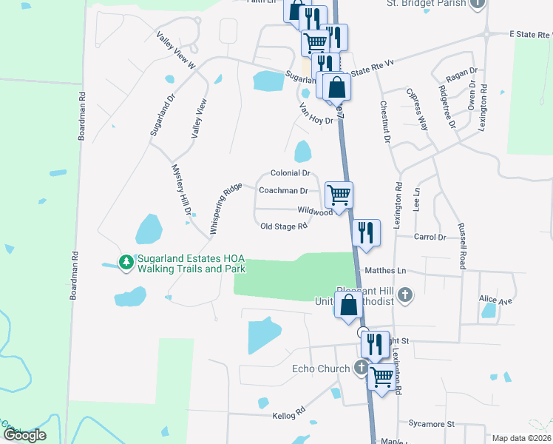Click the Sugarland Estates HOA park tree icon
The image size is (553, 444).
point(126,262)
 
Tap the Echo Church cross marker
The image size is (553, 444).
point(362,367)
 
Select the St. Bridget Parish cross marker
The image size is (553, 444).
point(478,3)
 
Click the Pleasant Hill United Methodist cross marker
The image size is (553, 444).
point(404,295)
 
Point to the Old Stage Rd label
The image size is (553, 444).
point(284,227)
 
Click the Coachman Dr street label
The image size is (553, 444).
point(283,190)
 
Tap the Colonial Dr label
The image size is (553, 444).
point(290,172)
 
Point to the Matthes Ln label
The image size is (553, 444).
point(381,271)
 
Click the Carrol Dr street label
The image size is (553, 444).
point(430,238)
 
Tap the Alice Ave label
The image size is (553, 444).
point(495,301)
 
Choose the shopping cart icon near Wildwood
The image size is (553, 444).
point(339,195)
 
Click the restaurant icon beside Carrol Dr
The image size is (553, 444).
point(367,232)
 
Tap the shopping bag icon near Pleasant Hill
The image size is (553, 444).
point(349,304)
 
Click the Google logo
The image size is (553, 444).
point(24,435)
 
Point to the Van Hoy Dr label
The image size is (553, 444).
point(316,113)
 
